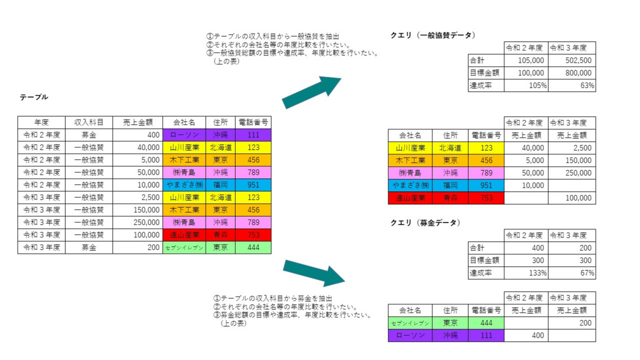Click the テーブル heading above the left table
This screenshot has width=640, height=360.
[34, 97]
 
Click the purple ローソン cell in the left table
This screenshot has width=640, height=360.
[184, 135]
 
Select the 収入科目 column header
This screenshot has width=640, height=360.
[89, 122]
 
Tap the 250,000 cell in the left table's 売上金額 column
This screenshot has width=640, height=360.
[137, 222]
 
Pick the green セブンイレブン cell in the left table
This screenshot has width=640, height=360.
[184, 247]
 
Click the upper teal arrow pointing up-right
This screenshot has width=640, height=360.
[311, 92]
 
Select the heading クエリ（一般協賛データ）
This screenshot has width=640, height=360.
[433, 36]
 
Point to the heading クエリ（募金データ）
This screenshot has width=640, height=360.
[426, 223]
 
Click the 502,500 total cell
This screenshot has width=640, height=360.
[572, 61]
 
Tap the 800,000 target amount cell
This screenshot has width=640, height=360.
[572, 73]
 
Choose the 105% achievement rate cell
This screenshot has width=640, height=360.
[526, 86]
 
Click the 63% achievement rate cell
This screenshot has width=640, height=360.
[572, 86]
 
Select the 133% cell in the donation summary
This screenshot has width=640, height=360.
[526, 273]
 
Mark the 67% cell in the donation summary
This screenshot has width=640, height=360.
[572, 273]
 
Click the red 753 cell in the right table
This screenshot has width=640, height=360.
[486, 198]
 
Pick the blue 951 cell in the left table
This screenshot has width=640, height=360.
[253, 185]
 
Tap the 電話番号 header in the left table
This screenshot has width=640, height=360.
[253, 122]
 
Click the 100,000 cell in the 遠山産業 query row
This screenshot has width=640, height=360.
[572, 198]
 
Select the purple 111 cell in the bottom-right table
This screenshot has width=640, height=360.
[486, 336]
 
